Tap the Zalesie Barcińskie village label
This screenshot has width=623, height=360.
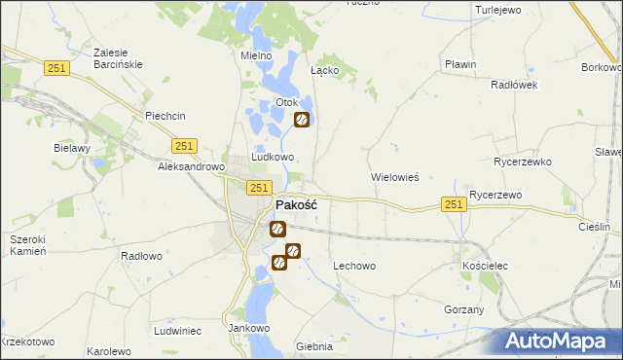tap(118, 58)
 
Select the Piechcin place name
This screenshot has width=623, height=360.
tap(165, 116)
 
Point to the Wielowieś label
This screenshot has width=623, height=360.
tap(394, 178)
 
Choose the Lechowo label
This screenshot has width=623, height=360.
tap(354, 266)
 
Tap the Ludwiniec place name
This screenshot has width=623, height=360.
tap(177, 331)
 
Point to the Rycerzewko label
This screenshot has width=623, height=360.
tap(523, 162)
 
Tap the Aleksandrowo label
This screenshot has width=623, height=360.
tap(192, 167)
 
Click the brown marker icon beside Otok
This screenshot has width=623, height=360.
tap(302, 120)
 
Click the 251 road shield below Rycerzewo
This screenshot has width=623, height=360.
tap(453, 203)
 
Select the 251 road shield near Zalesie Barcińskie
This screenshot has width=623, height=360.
tap(55, 66)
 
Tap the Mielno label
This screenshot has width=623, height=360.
tap(257, 56)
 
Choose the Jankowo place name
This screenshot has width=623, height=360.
tap(248, 329)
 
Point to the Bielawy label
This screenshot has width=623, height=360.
tap(72, 149)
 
